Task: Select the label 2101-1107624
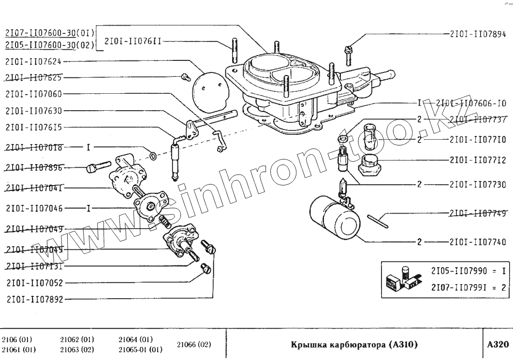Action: point(34,61)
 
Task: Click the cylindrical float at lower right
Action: point(334,218)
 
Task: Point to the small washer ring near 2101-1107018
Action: point(153,156)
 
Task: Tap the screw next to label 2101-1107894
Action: point(349,53)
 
